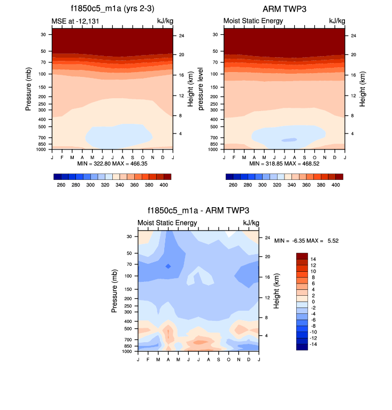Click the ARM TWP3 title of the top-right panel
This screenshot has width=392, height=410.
pos(284,9)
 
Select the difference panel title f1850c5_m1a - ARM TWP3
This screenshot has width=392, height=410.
pos(198,211)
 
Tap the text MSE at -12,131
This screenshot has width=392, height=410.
pos(73,21)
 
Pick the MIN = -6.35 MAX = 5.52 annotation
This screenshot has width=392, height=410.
pos(306,241)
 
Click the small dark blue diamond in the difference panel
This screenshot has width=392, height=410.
pos(168,266)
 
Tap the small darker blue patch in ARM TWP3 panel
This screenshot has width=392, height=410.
pos(289,140)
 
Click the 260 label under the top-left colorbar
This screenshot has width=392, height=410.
pos(60,184)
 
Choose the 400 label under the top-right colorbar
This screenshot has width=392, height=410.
pos(336,184)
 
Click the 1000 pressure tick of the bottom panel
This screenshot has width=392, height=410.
pos(127,352)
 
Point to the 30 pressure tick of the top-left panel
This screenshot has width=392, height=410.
pos(42,34)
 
